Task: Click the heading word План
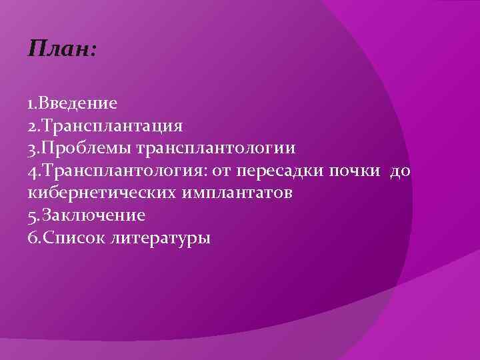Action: tap(59, 50)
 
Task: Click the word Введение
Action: tap(79, 103)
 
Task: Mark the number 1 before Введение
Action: tap(31, 103)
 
